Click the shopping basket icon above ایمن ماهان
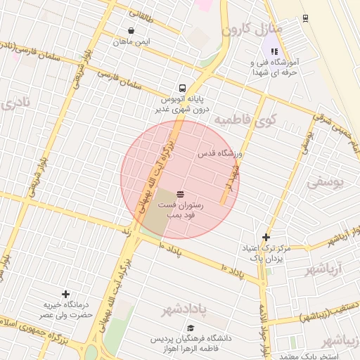[132, 30]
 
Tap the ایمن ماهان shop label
[132, 41]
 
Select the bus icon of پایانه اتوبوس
[183, 89]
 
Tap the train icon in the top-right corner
[305, 18]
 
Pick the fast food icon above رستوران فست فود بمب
[181, 193]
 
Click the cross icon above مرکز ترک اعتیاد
[266, 238]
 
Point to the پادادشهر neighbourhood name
[186, 311]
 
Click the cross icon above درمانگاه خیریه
[66, 294]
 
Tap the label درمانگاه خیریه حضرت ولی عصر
[65, 310]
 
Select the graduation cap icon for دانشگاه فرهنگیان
[191, 328]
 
